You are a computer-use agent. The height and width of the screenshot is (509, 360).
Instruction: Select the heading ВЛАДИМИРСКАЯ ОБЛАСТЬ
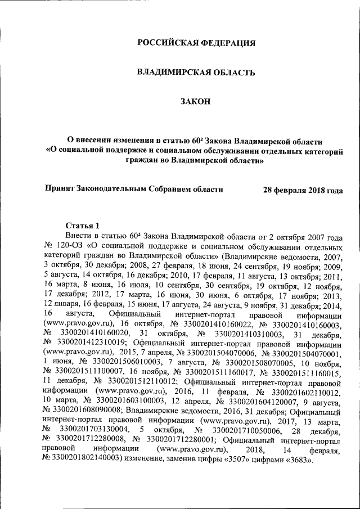click(196, 72)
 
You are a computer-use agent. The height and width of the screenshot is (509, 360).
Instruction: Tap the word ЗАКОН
click(196, 101)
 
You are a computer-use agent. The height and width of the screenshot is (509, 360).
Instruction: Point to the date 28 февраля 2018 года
click(303, 190)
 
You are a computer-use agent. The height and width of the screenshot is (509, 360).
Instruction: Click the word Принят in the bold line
click(61, 190)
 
